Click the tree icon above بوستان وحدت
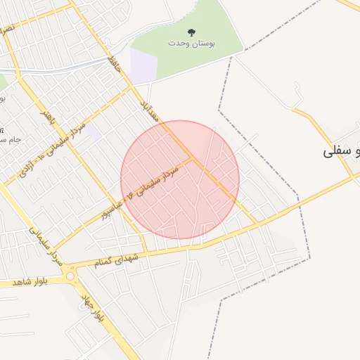pos(191,32)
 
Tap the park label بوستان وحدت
pos(191,43)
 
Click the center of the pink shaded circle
pos(180,180)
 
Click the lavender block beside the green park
pos(143,65)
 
